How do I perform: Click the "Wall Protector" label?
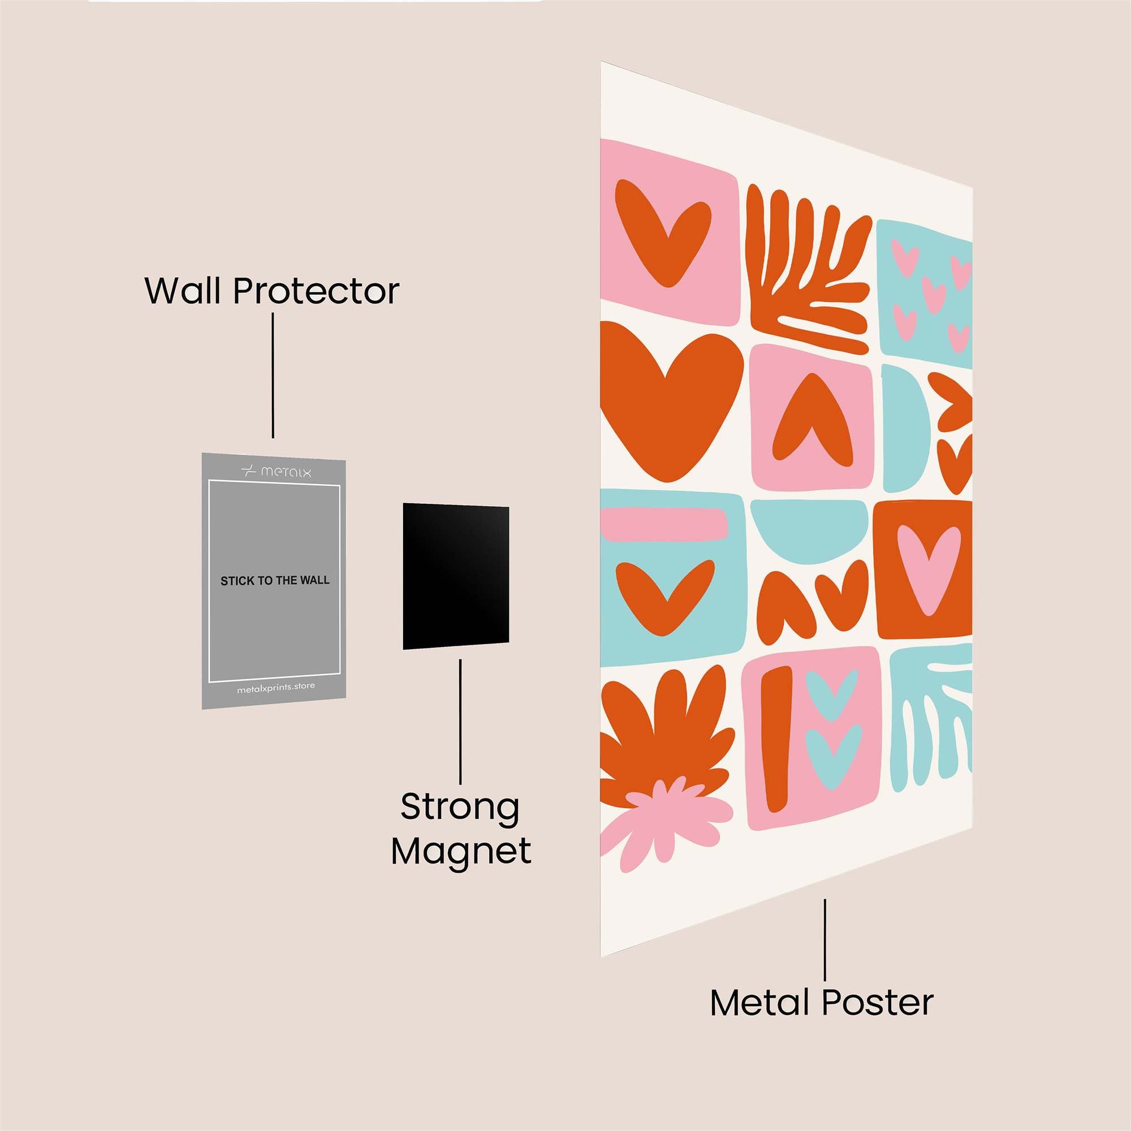pyautogui.click(x=272, y=290)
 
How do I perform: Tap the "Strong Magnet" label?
pyautogui.click(x=461, y=829)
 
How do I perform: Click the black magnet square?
pyautogui.click(x=455, y=576)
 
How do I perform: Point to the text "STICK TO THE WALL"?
pyautogui.click(x=275, y=581)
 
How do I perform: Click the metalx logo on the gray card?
pyautogui.click(x=276, y=470)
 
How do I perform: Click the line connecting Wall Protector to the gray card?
pyautogui.click(x=273, y=375)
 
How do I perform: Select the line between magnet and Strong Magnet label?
pyautogui.click(x=460, y=721)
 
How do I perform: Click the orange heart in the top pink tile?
pyautogui.click(x=662, y=232)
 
